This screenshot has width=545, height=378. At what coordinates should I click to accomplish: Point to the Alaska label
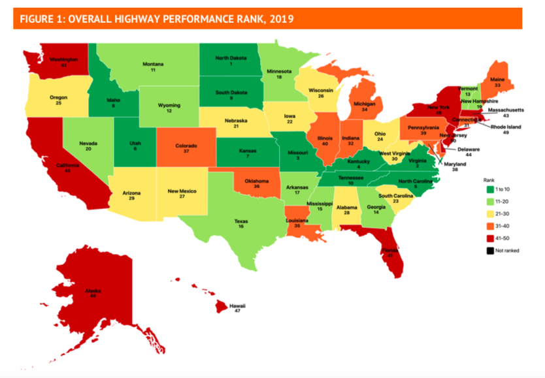click(x=92, y=290)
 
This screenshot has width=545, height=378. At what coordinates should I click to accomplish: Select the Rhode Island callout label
click(x=506, y=127)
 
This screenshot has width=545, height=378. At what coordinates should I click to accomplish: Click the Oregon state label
click(x=59, y=97)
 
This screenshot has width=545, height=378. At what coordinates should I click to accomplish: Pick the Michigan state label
click(x=363, y=103)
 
